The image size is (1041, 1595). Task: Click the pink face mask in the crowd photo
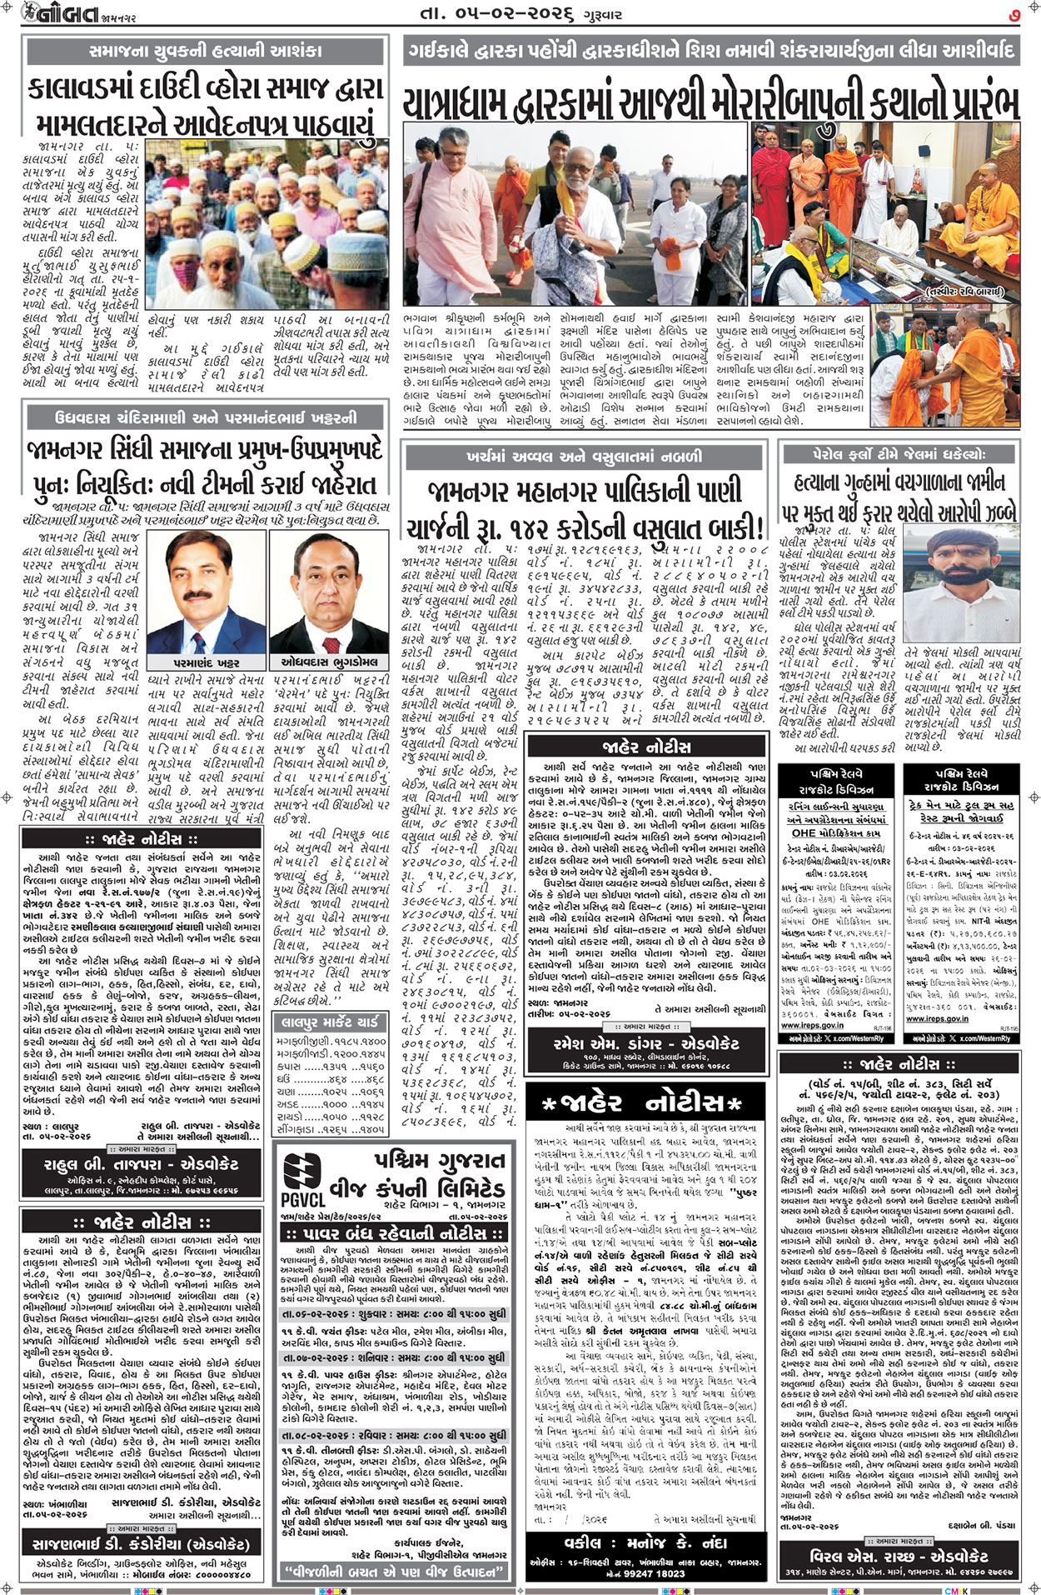[x=187, y=274]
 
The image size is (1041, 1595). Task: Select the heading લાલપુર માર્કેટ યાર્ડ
[x=329, y=1022]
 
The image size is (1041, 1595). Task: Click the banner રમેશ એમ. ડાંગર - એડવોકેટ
[x=646, y=1043]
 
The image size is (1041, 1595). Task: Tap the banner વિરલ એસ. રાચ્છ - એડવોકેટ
[x=899, y=1555]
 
